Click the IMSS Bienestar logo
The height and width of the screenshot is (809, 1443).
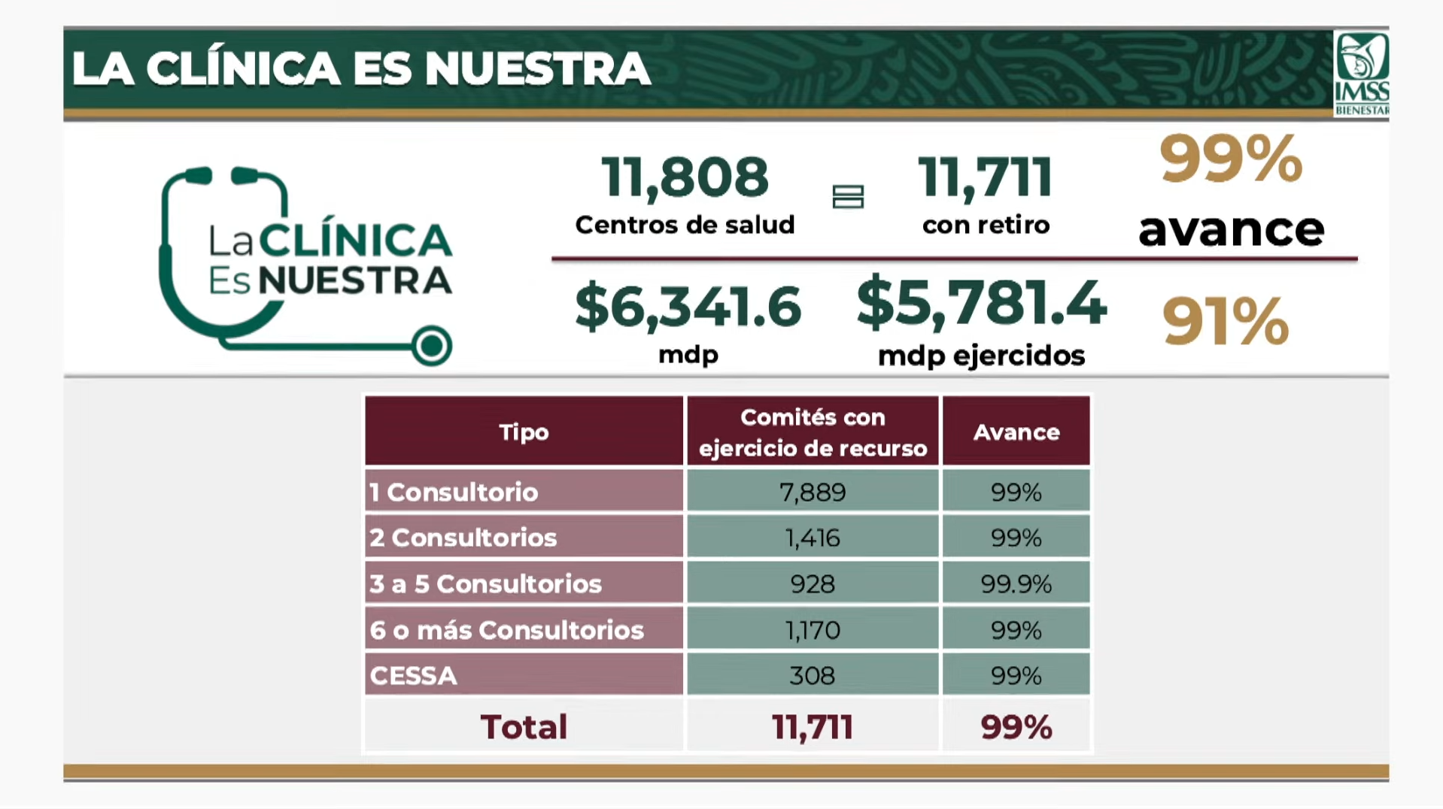1360,74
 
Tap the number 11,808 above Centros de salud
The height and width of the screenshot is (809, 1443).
685,178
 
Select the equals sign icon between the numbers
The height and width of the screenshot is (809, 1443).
848,197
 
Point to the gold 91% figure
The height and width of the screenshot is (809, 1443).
1226,322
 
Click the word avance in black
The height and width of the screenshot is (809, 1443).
1231,230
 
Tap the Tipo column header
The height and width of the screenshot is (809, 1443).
524,432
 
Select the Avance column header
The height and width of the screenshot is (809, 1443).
1016,432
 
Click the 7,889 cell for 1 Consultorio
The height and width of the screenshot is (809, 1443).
813,492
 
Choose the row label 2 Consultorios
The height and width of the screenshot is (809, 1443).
463,538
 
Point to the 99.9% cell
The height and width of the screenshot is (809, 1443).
1016,584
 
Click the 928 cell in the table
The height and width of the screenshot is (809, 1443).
813,584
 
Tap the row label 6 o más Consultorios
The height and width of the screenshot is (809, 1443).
506,630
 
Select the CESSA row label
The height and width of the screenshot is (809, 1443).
414,676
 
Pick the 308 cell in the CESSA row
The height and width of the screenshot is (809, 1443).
813,676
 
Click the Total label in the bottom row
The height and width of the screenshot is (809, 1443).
524,727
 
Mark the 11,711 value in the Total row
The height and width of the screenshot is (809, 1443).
813,727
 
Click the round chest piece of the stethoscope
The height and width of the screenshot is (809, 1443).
432,347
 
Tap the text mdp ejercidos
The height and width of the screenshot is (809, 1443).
981,356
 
